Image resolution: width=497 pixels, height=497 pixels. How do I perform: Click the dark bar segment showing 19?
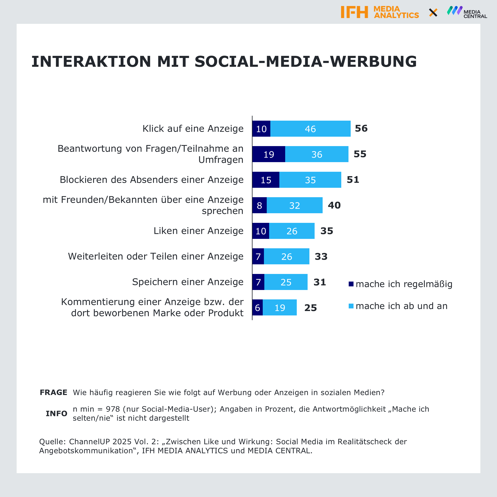269,154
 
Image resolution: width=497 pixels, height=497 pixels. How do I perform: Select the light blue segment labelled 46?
310,129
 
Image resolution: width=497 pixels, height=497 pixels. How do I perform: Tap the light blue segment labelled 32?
295,205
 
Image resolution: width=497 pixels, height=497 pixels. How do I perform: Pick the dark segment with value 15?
266,180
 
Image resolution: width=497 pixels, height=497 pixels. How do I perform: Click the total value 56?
361,128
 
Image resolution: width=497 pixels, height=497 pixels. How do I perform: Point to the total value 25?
310,308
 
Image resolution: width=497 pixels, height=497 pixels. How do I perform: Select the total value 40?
334,205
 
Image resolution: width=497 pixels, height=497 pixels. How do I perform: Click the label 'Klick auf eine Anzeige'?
193,129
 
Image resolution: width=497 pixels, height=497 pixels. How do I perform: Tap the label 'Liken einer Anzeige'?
198,231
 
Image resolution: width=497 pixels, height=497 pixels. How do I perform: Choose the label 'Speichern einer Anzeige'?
188,282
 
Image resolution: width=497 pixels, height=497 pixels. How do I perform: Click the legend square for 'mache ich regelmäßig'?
351,284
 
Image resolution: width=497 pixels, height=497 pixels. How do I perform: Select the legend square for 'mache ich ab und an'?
351,306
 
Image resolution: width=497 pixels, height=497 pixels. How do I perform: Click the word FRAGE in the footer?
54,392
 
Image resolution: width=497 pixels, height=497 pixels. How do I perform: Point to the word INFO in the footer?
56,413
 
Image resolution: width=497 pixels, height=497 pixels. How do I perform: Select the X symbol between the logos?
433,12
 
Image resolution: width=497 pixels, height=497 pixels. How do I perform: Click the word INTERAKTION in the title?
91,62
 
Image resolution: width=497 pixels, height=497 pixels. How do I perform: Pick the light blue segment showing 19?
280,308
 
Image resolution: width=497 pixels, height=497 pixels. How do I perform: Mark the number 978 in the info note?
113,409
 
